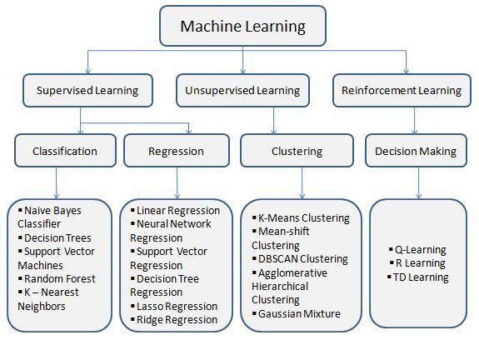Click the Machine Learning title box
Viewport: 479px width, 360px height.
pyautogui.click(x=243, y=26)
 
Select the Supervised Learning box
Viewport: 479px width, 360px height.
pyautogui.click(x=87, y=91)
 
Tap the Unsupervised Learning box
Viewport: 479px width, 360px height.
pyautogui.click(x=243, y=91)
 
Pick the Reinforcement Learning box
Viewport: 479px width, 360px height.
pyautogui.click(x=402, y=91)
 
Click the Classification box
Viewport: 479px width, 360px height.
pyautogui.click(x=65, y=151)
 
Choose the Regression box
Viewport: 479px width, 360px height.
pyautogui.click(x=177, y=151)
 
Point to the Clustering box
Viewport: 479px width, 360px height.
pyautogui.click(x=297, y=151)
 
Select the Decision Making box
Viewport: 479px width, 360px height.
pyautogui.click(x=416, y=151)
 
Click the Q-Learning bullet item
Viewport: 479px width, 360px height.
pyautogui.click(x=417, y=250)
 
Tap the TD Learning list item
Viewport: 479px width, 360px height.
pyautogui.click(x=417, y=277)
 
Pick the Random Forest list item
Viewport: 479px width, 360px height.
pyautogui.click(x=57, y=278)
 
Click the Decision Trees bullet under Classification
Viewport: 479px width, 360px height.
pyautogui.click(x=55, y=237)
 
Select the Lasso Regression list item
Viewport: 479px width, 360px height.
pyautogui.click(x=174, y=306)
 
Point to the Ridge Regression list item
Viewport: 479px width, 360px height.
pyautogui.click(x=174, y=320)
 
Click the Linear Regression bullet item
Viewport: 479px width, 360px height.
pyautogui.click(x=175, y=210)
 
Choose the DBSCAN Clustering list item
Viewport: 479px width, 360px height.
pyautogui.click(x=300, y=259)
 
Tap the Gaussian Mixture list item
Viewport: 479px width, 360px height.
pyautogui.click(x=297, y=313)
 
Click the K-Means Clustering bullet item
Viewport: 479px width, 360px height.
pyautogui.click(x=301, y=217)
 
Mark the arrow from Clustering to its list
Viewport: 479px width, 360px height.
pyautogui.click(x=302, y=183)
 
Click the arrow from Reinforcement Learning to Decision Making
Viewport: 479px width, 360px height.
pyautogui.click(x=415, y=120)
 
